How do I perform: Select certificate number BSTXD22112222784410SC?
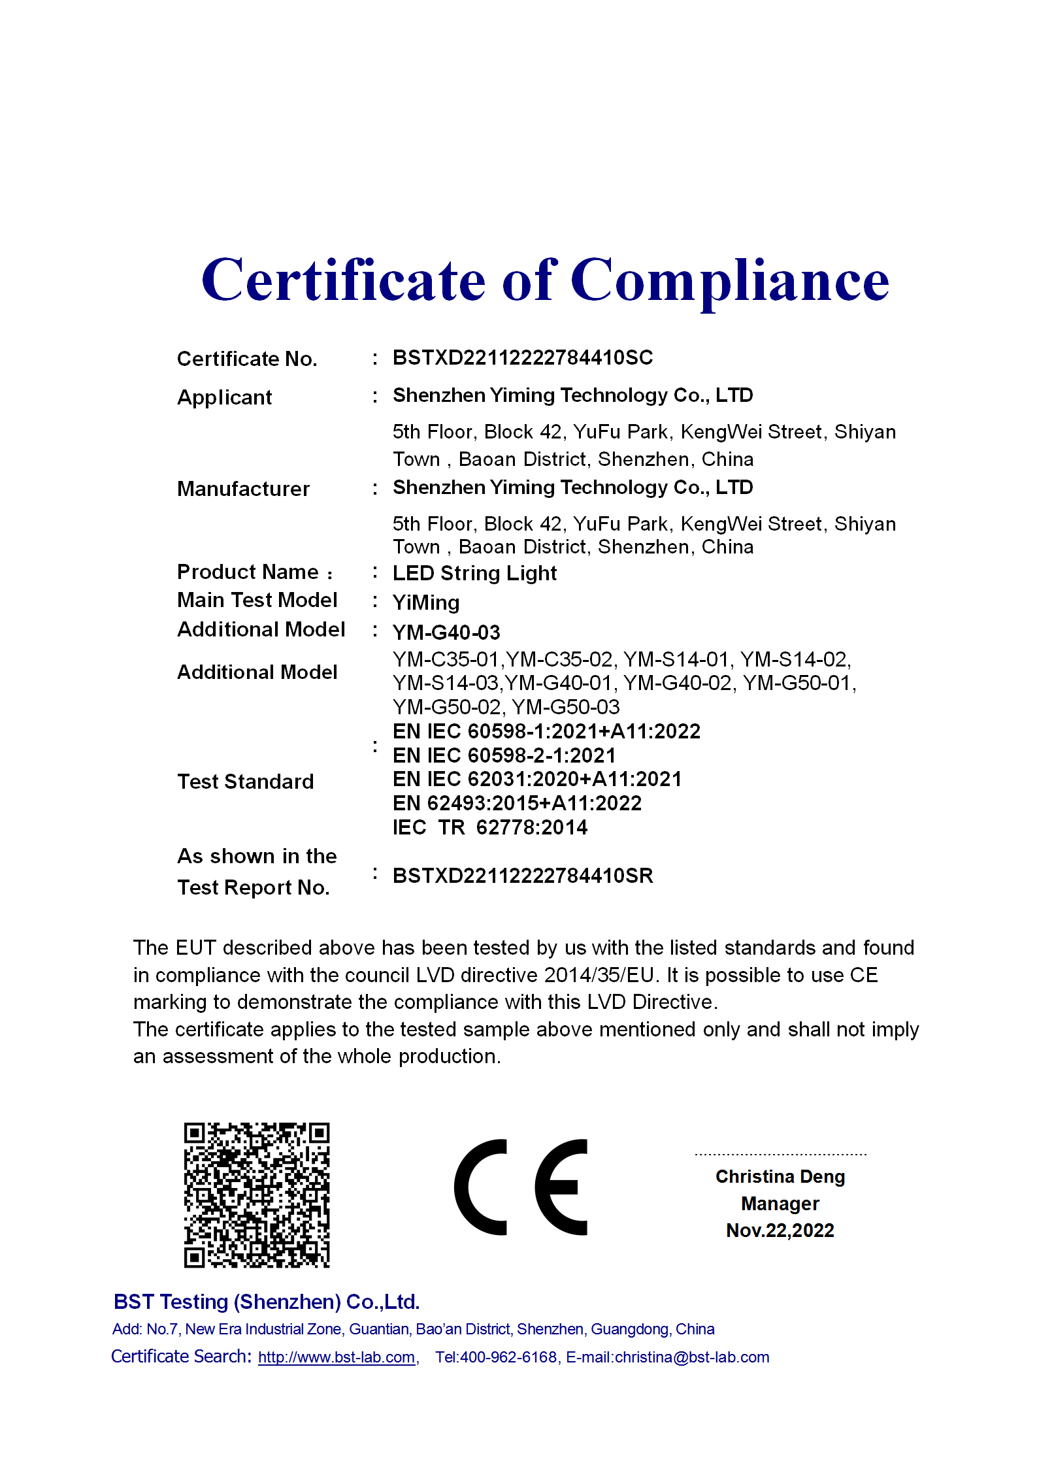(x=522, y=357)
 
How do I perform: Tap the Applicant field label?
(x=224, y=397)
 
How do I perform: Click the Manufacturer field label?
(x=243, y=489)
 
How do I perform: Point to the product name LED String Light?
(x=474, y=573)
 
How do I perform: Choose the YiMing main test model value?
(x=426, y=602)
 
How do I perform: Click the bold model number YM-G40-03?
(x=446, y=633)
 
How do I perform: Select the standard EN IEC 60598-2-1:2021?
(x=504, y=755)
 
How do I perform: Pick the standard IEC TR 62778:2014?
(x=490, y=827)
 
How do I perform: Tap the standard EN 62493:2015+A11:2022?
(x=517, y=803)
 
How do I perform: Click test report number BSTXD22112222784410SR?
(x=522, y=876)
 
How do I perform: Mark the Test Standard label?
(x=245, y=782)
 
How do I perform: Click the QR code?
(x=257, y=1195)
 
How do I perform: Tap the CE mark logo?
(x=521, y=1187)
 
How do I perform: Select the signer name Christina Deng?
(x=780, y=1176)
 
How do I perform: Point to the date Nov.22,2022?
(x=780, y=1230)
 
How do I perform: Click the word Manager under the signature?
(x=780, y=1204)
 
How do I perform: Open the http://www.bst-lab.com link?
(x=337, y=1357)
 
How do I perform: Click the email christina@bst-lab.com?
(x=691, y=1357)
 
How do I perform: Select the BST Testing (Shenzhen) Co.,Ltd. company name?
(x=266, y=1302)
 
